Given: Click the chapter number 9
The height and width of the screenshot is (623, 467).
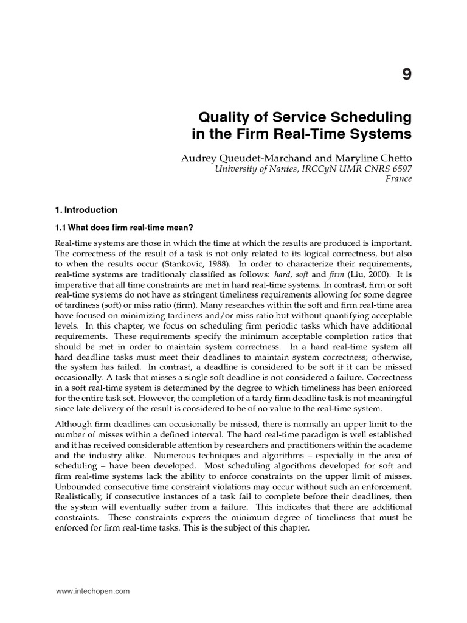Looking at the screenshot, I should [x=406, y=74].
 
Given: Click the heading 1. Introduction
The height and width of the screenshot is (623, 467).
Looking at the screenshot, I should [x=86, y=210].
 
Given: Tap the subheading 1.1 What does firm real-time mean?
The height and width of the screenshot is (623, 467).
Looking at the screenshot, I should [x=124, y=228].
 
